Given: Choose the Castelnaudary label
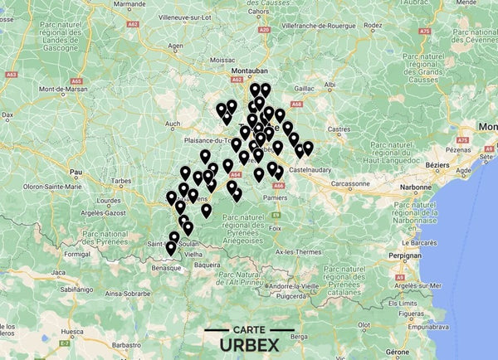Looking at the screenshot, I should tap(311, 169).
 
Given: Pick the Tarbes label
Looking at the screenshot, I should tap(121, 180).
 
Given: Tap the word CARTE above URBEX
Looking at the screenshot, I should tap(249, 329).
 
